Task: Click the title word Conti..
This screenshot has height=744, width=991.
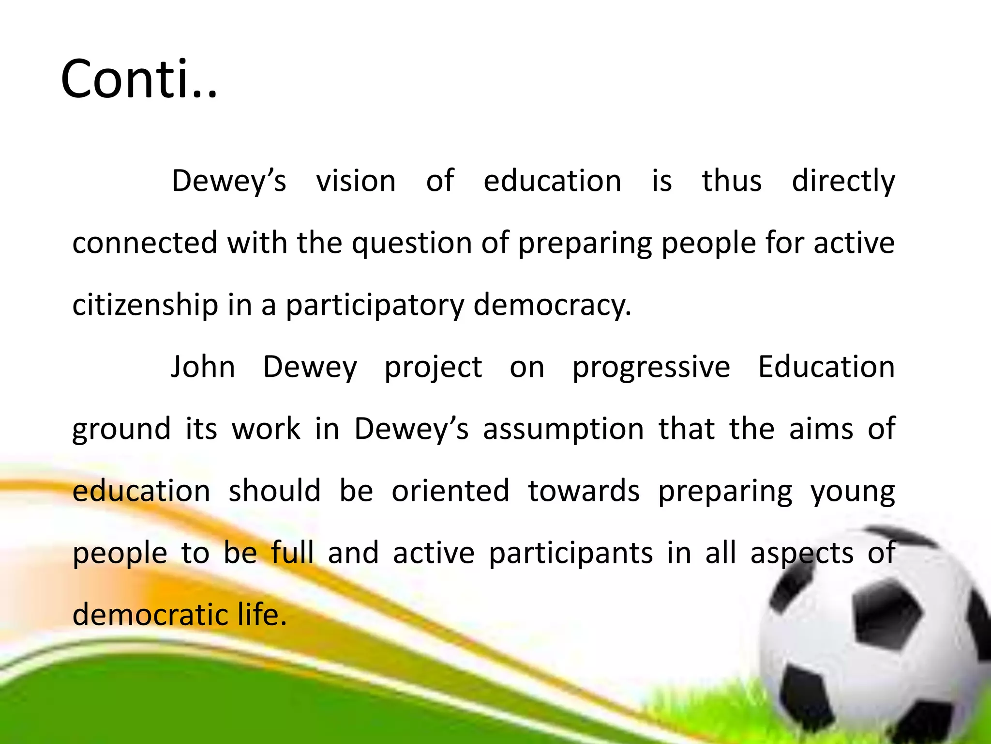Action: (x=139, y=79)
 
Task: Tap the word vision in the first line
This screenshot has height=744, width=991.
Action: (x=356, y=181)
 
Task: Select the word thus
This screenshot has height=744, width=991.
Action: (x=732, y=181)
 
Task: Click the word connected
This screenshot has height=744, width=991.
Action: (x=145, y=243)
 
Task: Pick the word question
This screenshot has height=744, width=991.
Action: (x=411, y=244)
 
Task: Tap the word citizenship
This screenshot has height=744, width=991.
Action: (x=145, y=305)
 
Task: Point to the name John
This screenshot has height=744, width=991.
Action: (x=203, y=367)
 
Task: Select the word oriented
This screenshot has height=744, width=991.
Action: (x=450, y=491)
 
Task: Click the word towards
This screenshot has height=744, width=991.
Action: (x=584, y=491)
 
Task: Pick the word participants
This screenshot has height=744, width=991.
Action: (x=571, y=554)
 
